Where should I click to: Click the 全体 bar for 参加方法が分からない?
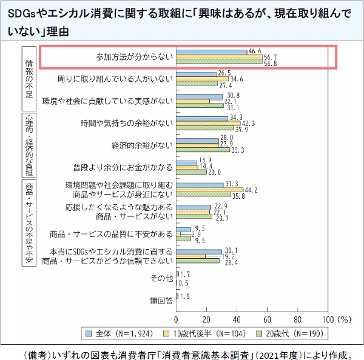[x=211, y=52]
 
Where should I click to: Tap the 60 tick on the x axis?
[x=267, y=319]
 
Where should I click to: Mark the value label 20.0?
[x=214, y=172]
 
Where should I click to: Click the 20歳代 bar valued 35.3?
[x=203, y=150]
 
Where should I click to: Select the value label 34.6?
[x=237, y=79]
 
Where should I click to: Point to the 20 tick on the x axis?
[x=207, y=319]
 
